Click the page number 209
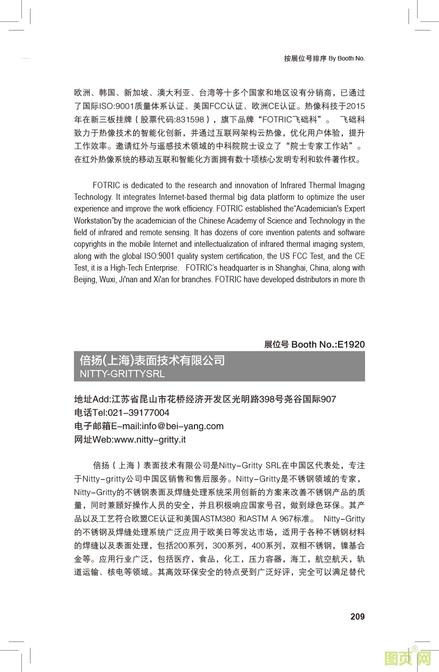pyautogui.click(x=357, y=616)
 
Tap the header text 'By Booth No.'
pyautogui.click(x=346, y=58)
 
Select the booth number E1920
pyautogui.click(x=351, y=345)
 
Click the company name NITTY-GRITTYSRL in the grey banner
pyautogui.click(x=122, y=374)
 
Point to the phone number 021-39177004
pyautogui.click(x=138, y=413)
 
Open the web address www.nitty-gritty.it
pyautogui.click(x=150, y=439)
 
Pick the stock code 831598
pyautogui.click(x=190, y=120)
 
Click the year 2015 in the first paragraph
pyautogui.click(x=356, y=106)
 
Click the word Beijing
pyautogui.click(x=85, y=280)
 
